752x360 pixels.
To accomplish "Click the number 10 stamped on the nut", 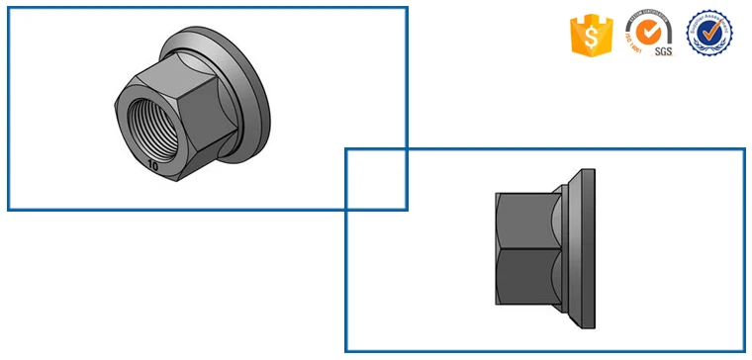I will (x=151, y=166).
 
